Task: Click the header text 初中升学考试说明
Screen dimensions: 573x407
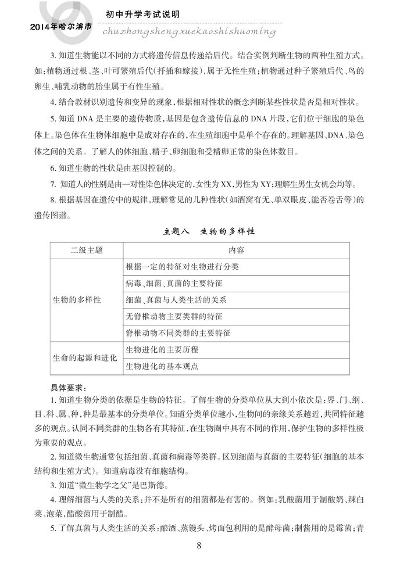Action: tap(143, 13)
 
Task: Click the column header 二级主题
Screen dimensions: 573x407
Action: tap(86, 250)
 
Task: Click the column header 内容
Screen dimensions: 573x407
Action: tap(236, 250)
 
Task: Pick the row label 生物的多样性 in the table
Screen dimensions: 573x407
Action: tap(77, 300)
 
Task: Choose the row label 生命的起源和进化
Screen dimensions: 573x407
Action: tap(85, 358)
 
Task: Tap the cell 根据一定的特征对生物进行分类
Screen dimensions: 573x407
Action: tap(182, 267)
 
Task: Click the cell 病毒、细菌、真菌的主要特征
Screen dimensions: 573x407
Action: tap(174, 284)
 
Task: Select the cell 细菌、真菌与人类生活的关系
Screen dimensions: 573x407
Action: tap(176, 300)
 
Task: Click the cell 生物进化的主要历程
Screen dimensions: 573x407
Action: tap(162, 350)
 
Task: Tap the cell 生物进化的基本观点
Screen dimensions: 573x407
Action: tap(162, 367)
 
